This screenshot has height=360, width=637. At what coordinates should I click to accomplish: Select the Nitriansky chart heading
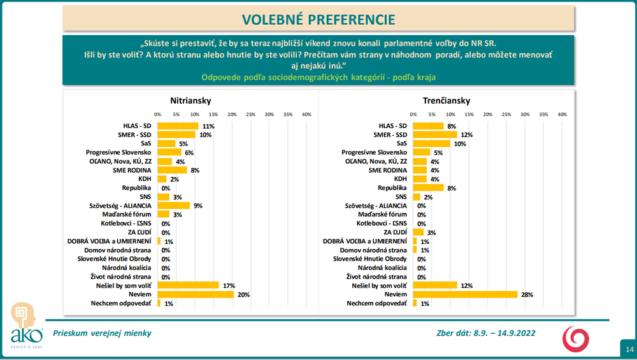(190, 101)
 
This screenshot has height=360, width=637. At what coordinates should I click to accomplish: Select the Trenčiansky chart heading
(446, 101)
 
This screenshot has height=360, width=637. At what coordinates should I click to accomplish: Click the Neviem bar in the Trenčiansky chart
(465, 294)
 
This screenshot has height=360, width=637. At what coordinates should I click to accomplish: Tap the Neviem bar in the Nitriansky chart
(195, 294)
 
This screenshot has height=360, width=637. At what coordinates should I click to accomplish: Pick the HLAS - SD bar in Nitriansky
(178, 126)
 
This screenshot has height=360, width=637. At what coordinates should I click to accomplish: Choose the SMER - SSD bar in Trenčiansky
(435, 135)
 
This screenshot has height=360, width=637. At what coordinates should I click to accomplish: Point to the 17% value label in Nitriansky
(227, 285)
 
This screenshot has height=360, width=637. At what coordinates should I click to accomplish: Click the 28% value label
(527, 294)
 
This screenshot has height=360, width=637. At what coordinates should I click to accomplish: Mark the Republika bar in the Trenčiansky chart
(428, 188)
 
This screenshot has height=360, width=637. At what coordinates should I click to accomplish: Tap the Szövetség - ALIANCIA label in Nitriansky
(120, 206)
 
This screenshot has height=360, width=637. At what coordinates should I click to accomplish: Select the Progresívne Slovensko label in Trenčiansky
(374, 153)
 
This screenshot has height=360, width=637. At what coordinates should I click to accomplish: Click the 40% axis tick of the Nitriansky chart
(306, 115)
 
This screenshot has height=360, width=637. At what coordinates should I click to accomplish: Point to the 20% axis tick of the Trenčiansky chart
(488, 115)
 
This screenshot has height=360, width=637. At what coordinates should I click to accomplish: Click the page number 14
(629, 349)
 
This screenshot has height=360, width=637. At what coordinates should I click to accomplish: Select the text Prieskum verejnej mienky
(102, 333)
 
